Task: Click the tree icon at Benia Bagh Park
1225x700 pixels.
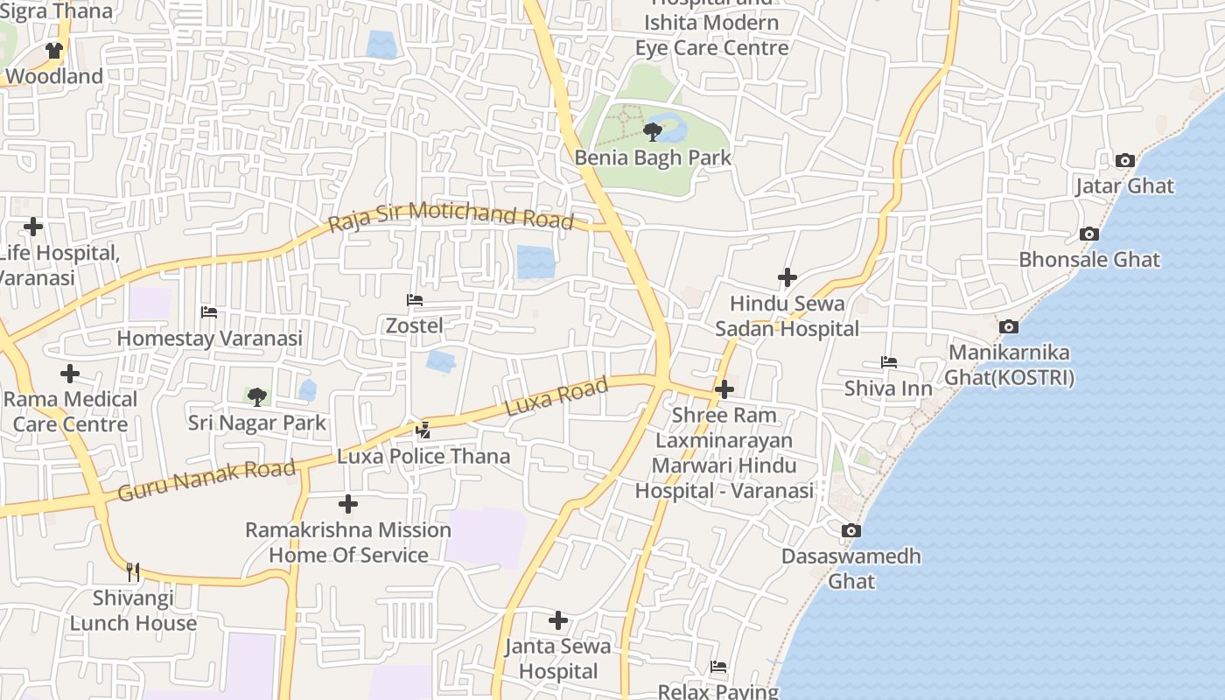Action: pyautogui.click(x=652, y=132)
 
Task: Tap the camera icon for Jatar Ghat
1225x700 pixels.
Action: pyautogui.click(x=1125, y=160)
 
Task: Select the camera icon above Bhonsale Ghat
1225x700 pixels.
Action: pyautogui.click(x=1089, y=234)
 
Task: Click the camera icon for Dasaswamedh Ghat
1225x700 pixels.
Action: pyautogui.click(x=850, y=530)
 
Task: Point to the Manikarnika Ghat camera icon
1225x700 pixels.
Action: pyautogui.click(x=1009, y=326)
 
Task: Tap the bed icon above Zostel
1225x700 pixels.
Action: pyautogui.click(x=415, y=300)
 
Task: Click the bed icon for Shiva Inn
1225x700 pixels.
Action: pyautogui.click(x=889, y=362)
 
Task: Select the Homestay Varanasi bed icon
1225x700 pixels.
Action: pyautogui.click(x=209, y=311)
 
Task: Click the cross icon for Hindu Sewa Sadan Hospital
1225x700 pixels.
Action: pyautogui.click(x=787, y=277)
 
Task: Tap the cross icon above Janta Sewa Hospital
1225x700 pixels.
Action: pyautogui.click(x=558, y=620)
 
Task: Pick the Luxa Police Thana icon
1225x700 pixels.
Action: pyautogui.click(x=423, y=430)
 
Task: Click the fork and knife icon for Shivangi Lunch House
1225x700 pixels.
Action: pyautogui.click(x=133, y=572)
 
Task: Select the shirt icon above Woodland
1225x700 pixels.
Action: pyautogui.click(x=54, y=51)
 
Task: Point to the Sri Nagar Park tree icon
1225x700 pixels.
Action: pyautogui.click(x=256, y=397)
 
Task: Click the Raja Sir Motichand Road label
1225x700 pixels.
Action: pyautogui.click(x=451, y=216)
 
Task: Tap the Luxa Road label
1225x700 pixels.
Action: pyautogui.click(x=556, y=397)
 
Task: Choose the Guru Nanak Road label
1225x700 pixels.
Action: pyautogui.click(x=206, y=481)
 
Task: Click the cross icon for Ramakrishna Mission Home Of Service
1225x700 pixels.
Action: pyautogui.click(x=348, y=504)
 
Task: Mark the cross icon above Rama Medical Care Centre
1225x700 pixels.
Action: pyautogui.click(x=70, y=374)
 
